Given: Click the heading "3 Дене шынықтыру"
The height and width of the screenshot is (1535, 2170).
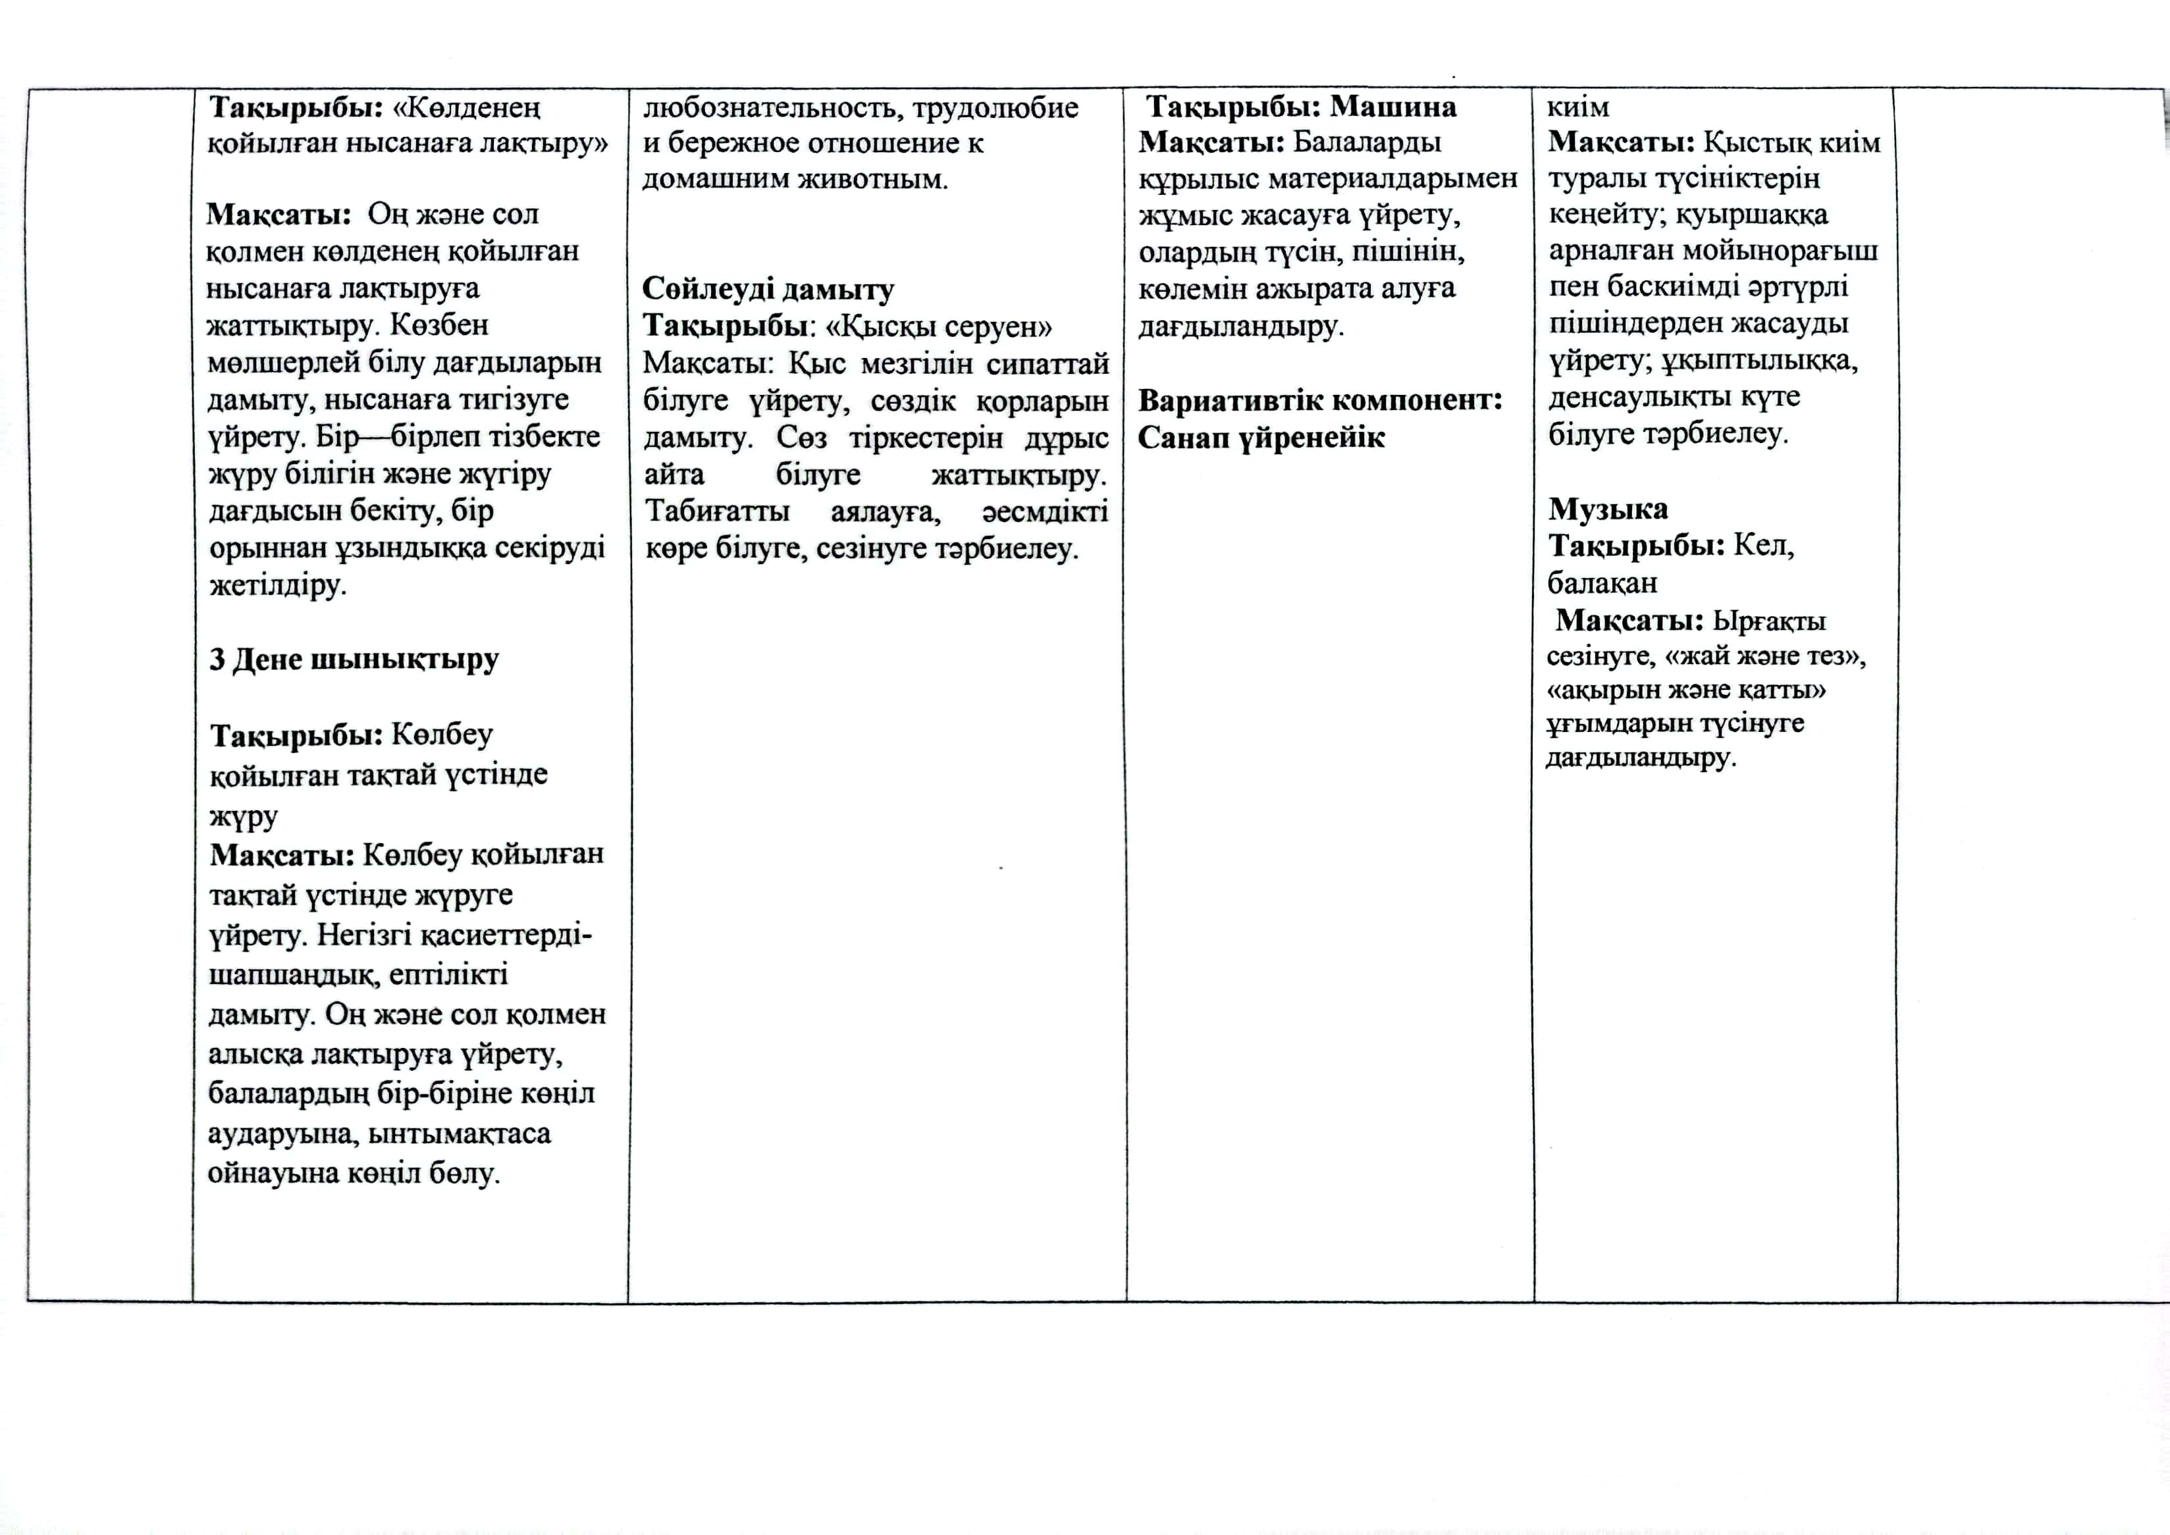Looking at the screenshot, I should [354, 659].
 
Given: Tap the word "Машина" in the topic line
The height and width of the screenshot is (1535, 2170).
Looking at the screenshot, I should [1393, 106].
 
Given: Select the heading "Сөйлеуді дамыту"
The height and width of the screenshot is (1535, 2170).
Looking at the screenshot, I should [768, 289].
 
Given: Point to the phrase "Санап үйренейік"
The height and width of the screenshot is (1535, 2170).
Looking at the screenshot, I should [1261, 438].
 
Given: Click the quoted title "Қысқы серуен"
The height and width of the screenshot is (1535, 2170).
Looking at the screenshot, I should [938, 327].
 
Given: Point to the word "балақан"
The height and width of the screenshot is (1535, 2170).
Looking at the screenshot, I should [1601, 583].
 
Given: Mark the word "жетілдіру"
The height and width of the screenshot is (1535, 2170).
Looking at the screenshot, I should [277, 585].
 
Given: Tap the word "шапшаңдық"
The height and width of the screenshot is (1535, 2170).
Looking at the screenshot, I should [294, 974].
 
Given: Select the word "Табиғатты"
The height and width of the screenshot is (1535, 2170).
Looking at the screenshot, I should [718, 511].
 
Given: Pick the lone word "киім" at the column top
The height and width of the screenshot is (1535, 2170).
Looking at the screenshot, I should [1577, 107].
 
